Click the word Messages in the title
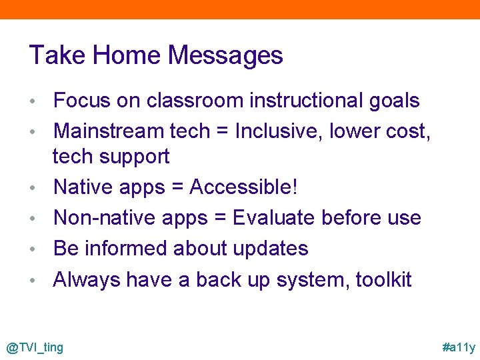(x=226, y=55)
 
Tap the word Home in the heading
(x=125, y=55)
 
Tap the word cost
(x=408, y=131)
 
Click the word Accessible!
(x=243, y=187)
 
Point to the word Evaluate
(x=273, y=218)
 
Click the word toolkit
(x=383, y=279)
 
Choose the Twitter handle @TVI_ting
(x=35, y=347)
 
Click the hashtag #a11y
(x=459, y=347)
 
